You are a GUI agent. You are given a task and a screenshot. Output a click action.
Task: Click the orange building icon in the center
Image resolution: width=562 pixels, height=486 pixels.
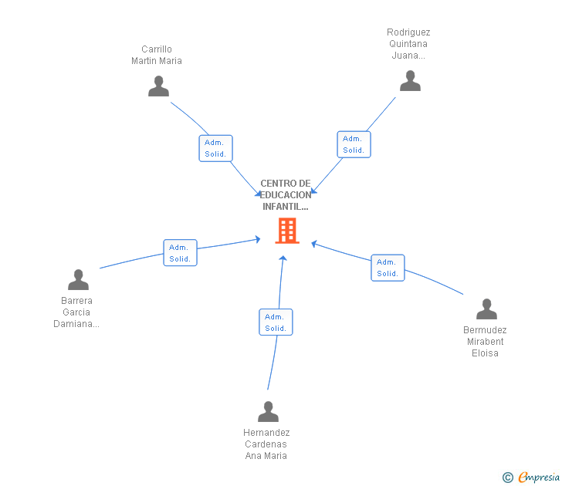287,231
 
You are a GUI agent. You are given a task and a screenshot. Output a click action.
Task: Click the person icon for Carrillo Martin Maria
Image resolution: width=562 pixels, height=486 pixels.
158,86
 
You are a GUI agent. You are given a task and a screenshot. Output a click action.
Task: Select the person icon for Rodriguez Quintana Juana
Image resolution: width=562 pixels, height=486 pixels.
410,81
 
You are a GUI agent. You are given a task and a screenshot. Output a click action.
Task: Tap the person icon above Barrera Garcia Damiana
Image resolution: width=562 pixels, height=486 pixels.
78,279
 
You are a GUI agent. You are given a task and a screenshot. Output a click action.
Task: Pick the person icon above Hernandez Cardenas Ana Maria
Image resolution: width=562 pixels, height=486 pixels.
268,412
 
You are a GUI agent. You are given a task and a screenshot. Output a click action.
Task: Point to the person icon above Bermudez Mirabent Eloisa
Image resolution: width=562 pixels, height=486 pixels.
486,309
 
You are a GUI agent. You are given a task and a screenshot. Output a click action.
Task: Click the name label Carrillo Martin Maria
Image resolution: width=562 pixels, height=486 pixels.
157,55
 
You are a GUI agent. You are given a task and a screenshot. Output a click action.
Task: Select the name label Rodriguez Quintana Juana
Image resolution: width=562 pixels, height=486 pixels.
408,44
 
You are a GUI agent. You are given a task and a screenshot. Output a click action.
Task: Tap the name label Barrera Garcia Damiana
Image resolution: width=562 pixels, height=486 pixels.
76,312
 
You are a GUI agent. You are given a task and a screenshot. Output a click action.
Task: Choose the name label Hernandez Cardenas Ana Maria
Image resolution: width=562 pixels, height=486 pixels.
266,444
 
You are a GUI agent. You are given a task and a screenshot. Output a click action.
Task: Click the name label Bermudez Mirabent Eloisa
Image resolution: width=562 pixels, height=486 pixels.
485,342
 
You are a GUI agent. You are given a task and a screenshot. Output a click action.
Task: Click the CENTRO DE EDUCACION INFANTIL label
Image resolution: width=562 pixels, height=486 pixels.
286,195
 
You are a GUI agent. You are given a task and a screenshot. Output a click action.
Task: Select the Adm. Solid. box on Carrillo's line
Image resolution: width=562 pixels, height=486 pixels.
215,148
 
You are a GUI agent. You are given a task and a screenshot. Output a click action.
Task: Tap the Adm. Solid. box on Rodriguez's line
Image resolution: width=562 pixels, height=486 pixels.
354,144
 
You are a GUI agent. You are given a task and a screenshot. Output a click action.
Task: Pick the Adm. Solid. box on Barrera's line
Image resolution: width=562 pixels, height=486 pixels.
180,253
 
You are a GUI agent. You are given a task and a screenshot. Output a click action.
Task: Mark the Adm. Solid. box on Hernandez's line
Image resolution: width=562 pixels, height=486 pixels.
276,322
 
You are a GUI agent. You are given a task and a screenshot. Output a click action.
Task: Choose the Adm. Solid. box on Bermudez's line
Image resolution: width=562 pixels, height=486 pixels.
388,268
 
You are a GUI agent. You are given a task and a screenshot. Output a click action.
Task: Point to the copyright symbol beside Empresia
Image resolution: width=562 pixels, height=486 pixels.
507,478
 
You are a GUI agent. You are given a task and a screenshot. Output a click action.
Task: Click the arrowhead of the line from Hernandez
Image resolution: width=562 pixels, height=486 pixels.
283,259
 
